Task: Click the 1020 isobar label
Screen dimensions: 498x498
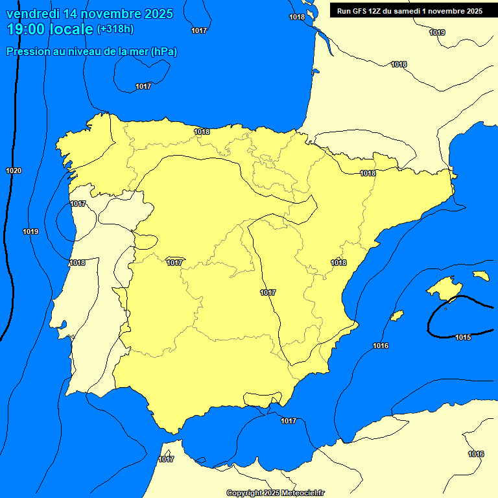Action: click(13, 171)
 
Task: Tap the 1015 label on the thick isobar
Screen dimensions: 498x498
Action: click(463, 337)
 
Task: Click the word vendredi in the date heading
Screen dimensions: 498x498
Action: click(32, 14)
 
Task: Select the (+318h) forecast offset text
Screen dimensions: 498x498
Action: click(115, 29)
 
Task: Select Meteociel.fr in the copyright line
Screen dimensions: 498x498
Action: click(302, 493)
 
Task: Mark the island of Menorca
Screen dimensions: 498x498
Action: click(480, 276)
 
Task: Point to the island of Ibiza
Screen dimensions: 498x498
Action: click(397, 316)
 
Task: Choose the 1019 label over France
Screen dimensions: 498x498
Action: click(437, 32)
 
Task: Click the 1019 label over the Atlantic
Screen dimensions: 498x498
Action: click(30, 231)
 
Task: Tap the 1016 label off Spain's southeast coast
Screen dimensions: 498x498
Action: click(381, 346)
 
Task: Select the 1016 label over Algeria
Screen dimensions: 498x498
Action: click(476, 454)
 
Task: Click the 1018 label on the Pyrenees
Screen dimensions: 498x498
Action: click(368, 173)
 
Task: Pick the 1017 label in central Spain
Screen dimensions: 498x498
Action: click(268, 292)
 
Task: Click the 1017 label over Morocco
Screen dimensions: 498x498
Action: click(166, 459)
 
